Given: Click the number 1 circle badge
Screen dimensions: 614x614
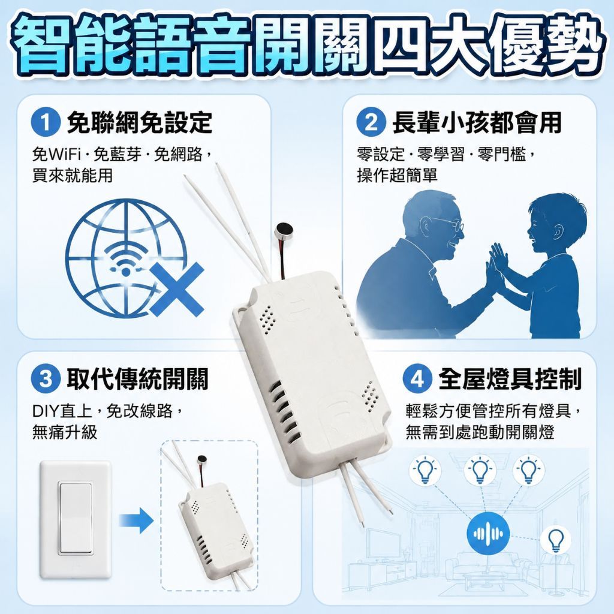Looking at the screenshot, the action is pyautogui.click(x=46, y=122).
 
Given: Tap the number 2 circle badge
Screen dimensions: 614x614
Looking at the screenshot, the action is pyautogui.click(x=371, y=122).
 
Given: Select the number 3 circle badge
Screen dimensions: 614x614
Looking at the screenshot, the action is pyautogui.click(x=46, y=379).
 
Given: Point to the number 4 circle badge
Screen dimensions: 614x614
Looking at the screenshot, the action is pyautogui.click(x=417, y=379).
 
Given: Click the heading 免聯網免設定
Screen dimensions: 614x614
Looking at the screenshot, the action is pyautogui.click(x=139, y=122).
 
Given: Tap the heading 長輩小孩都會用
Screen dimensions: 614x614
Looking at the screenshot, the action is pyautogui.click(x=477, y=122).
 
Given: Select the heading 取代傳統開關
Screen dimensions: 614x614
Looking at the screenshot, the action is pyautogui.click(x=137, y=379).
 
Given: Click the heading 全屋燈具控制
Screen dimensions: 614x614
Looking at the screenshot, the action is pyautogui.click(x=510, y=379).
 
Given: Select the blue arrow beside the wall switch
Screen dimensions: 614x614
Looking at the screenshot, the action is pyautogui.click(x=136, y=520).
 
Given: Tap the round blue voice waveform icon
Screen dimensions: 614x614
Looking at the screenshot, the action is pyautogui.click(x=488, y=533).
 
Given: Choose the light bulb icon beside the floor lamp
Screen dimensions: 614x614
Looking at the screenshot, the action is pyautogui.click(x=555, y=540).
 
